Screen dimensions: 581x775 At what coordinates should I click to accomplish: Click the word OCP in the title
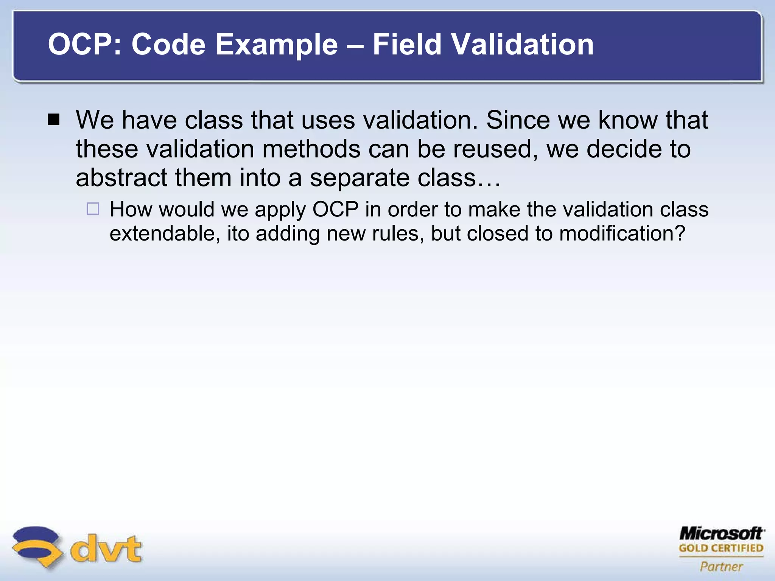pyautogui.click(x=84, y=45)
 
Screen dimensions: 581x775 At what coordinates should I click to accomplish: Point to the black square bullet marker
pyautogui.click(x=54, y=120)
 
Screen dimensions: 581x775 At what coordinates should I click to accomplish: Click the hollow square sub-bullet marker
pyautogui.click(x=93, y=209)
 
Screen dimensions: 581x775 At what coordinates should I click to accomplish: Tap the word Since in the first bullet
pyautogui.click(x=518, y=120)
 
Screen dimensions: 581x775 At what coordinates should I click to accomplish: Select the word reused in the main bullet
pyautogui.click(x=496, y=149)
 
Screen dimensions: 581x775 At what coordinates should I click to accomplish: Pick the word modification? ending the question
pyautogui.click(x=622, y=233)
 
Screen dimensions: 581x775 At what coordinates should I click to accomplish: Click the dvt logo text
pyautogui.click(x=106, y=548)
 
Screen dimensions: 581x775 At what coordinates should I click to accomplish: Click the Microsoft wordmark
pyautogui.click(x=721, y=534)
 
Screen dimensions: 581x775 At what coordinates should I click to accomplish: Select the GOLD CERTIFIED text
pyautogui.click(x=721, y=548)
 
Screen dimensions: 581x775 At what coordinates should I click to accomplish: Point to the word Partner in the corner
pyautogui.click(x=721, y=566)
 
